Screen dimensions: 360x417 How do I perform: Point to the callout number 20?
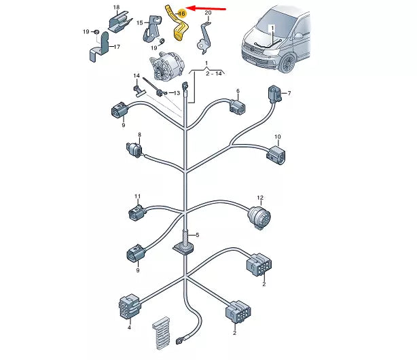(x=207, y=13)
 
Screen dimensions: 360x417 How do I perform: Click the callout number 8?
(x=140, y=134)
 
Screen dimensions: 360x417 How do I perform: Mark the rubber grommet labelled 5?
(x=186, y=248)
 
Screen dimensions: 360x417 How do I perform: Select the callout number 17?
(x=116, y=47)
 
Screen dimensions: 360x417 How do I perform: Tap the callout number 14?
(x=137, y=75)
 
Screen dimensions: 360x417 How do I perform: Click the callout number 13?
(x=177, y=93)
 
